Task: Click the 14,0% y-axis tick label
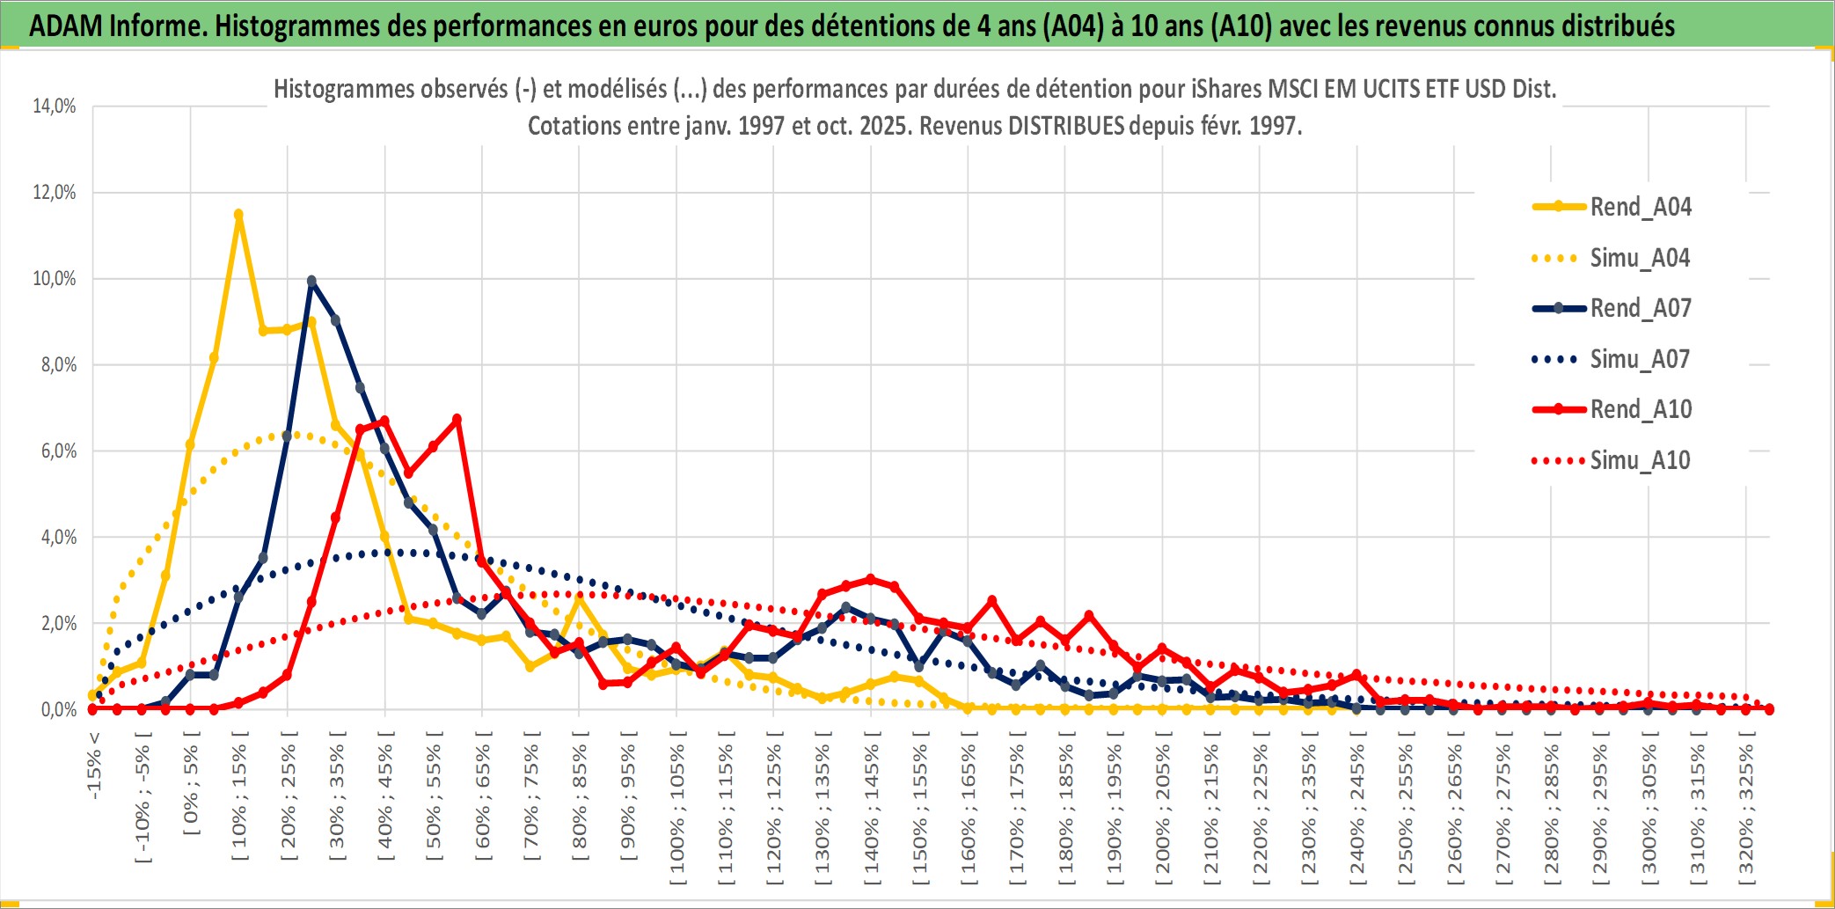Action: tap(55, 106)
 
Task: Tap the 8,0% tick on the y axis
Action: tap(58, 365)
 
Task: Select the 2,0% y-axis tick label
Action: tap(58, 624)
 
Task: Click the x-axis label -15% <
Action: tap(95, 765)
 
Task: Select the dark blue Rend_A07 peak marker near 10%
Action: tap(311, 282)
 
